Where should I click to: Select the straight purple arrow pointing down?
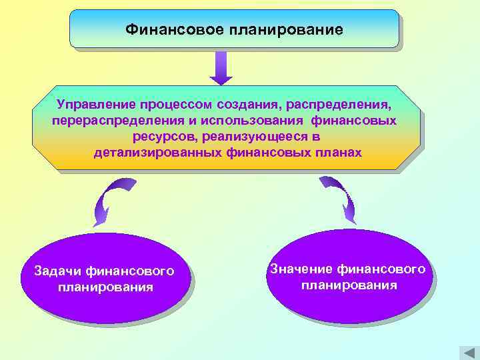pyautogui.click(x=221, y=67)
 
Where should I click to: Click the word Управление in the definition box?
pyautogui.click(x=96, y=105)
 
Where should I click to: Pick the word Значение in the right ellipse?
pyautogui.click(x=300, y=269)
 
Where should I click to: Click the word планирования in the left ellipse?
pyautogui.click(x=105, y=287)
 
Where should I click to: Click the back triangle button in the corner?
pyautogui.click(x=467, y=353)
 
